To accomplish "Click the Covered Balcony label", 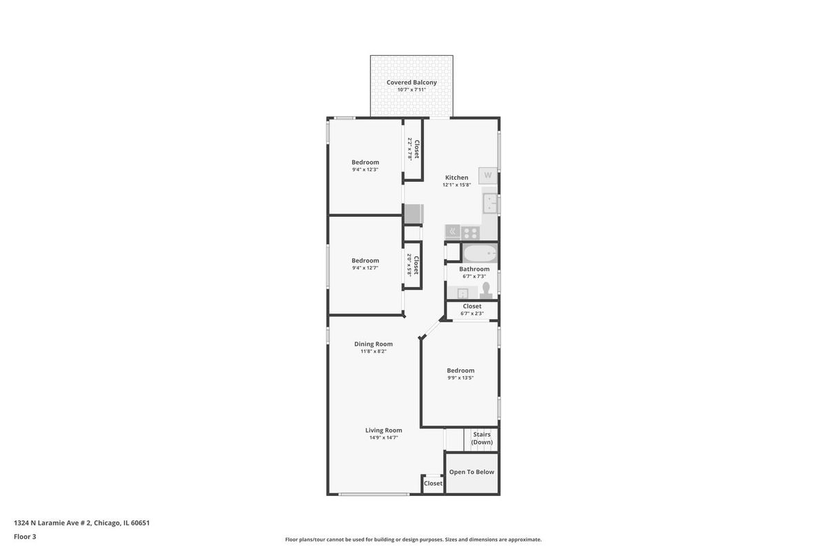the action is coord(411,82).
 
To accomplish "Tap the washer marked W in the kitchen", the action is coord(488,176).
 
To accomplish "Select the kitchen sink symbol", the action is coord(490,203).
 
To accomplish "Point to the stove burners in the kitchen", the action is coord(470,233).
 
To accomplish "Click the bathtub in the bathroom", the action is coord(480,253).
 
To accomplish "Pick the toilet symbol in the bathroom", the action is coord(486,291).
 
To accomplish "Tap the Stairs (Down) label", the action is coord(482,438).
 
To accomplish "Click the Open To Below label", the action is coord(471,472).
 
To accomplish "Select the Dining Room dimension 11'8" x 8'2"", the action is coord(374,351).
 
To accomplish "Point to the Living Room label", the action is coord(384,430).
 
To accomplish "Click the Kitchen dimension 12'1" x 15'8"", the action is coord(457,185).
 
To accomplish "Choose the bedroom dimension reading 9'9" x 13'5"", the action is coord(460,377).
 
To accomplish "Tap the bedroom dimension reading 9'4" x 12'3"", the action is coord(365,169).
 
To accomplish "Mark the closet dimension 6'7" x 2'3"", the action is coord(472,313).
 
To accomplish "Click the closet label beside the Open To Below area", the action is coord(433,483).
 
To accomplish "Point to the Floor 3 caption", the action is coord(25,537).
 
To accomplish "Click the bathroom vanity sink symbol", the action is coord(462,293).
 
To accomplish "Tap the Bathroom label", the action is coord(474,269).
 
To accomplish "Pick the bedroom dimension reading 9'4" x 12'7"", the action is coord(365,268).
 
